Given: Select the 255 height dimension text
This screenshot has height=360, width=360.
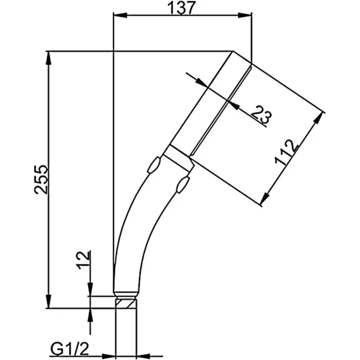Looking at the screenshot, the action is [41, 179].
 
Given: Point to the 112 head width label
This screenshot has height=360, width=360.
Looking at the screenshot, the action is [286, 153].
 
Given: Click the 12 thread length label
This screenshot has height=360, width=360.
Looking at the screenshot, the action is [84, 260].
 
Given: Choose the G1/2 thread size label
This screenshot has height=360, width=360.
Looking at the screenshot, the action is [69, 350].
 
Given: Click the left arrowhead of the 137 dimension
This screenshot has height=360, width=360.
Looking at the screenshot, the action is [120, 15].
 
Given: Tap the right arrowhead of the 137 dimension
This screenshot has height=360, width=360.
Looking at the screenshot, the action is [245, 15].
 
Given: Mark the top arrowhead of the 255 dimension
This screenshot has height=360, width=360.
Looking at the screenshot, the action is [48, 58].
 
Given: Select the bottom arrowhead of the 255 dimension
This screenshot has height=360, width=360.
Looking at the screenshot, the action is [48, 301].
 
